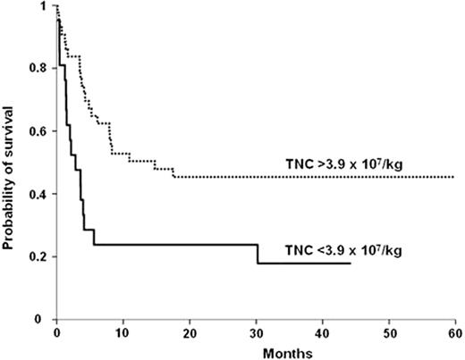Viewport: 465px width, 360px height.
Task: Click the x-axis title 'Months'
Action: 255,351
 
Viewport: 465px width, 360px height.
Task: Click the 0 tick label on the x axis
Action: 56,331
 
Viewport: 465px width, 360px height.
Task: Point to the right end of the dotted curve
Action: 454,177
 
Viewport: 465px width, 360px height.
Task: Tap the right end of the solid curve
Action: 351,263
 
